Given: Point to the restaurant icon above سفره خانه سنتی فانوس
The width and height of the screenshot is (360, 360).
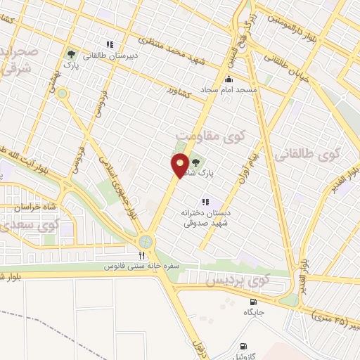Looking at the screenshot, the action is click(141, 255).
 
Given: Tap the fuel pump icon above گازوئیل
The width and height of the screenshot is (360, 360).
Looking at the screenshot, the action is click(243, 346).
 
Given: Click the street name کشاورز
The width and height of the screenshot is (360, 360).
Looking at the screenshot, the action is click(181, 91).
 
